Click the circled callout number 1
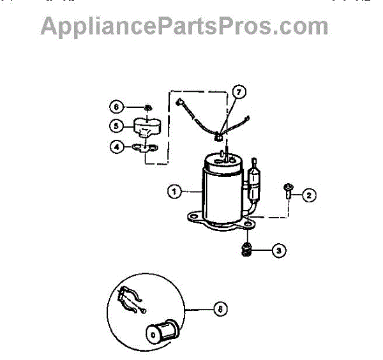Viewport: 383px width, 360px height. (x=173, y=190)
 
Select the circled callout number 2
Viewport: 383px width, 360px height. (x=309, y=195)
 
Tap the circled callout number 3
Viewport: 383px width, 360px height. (x=278, y=250)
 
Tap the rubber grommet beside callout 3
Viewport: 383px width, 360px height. (x=246, y=249)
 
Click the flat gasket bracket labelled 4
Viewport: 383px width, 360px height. (x=146, y=148)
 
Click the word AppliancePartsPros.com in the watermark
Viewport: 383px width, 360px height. (x=184, y=27)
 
